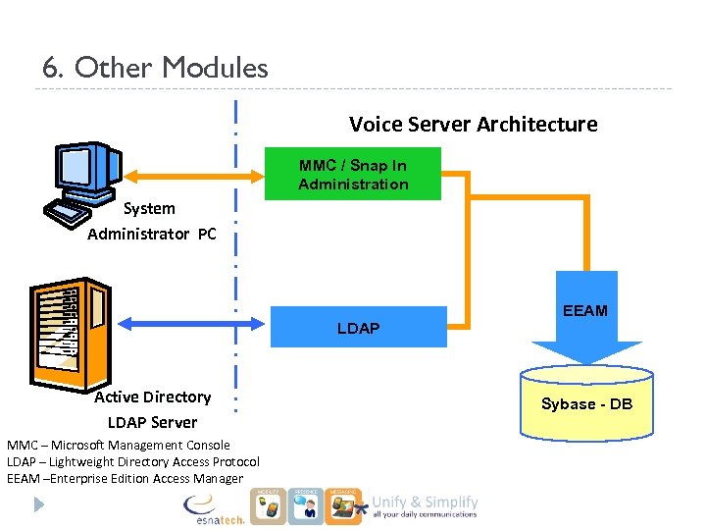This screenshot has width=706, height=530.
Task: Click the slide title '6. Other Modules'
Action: click(155, 68)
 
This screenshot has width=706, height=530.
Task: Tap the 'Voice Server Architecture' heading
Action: click(473, 124)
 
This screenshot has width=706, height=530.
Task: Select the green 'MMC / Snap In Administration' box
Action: click(353, 175)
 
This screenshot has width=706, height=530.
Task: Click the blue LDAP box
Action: click(358, 327)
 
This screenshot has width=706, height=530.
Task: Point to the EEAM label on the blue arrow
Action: click(585, 310)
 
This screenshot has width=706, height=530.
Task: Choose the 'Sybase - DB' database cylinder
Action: click(586, 403)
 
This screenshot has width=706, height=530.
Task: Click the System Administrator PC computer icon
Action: click(87, 178)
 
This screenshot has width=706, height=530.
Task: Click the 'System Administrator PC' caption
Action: click(151, 221)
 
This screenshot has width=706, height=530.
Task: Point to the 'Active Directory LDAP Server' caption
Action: click(152, 409)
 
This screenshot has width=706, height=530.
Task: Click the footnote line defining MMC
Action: click(119, 445)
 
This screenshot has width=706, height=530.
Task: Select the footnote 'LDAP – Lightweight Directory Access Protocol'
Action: click(133, 461)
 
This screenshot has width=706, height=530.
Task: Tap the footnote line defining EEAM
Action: click(125, 478)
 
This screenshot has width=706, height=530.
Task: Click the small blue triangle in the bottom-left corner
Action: click(39, 504)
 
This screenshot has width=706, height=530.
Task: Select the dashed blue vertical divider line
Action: click(236, 265)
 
